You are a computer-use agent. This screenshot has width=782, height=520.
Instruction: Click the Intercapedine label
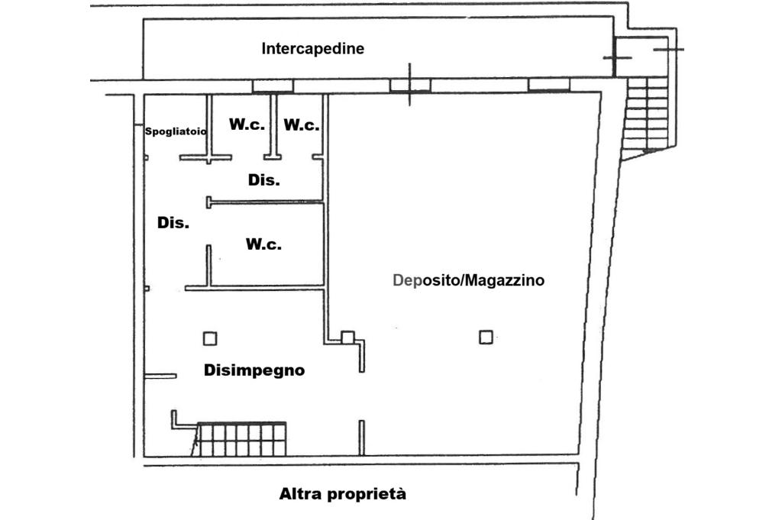[312, 49]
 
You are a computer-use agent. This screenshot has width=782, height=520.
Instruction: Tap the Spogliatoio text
[176, 131]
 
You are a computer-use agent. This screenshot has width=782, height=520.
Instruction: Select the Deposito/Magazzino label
[468, 280]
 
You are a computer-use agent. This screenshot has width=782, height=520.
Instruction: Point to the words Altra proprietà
[343, 494]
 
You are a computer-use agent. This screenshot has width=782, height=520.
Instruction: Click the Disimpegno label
[254, 370]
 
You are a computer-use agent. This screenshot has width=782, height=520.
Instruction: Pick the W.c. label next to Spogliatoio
[247, 124]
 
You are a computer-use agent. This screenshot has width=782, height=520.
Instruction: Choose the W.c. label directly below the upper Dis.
[263, 244]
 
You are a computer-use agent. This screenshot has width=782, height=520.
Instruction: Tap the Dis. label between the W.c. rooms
[263, 181]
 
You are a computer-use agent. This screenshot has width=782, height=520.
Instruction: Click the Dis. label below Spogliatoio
[173, 223]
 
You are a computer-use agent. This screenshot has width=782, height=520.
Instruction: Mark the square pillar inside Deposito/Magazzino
[486, 336]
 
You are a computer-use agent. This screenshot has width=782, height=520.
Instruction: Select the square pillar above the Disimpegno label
[209, 338]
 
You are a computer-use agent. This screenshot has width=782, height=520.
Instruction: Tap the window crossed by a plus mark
[410, 85]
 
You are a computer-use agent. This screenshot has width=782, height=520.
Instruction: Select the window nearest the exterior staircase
[549, 85]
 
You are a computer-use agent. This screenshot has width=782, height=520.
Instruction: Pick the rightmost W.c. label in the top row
[302, 126]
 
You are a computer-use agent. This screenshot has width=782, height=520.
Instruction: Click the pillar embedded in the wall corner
[347, 337]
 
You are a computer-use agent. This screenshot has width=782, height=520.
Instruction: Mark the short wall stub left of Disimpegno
[160, 376]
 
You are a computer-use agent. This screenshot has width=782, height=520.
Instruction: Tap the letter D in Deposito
[398, 280]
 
